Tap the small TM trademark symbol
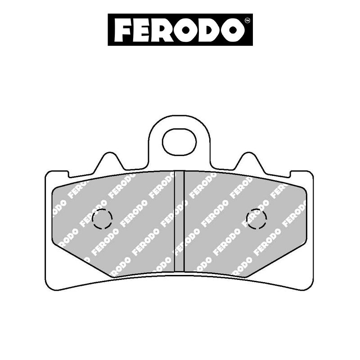point(247,21)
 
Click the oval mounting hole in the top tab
point(180,141)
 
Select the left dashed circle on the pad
point(102,220)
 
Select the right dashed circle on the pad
point(257,219)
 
